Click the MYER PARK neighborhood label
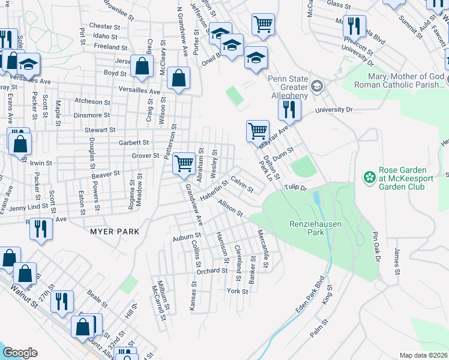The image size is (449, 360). pos(115,231)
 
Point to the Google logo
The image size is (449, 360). pos(20,353)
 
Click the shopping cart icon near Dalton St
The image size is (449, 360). pos(258,131)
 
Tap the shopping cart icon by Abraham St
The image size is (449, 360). pos(184,163)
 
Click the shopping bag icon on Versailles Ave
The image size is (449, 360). pos(179,78)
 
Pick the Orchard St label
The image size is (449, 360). pos(212,271)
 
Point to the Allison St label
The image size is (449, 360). pos(231,209)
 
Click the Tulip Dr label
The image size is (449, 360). pos(295,187)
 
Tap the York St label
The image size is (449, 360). pos(238,292)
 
